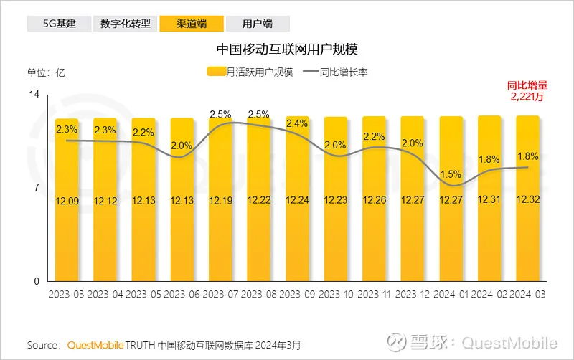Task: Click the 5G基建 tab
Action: [x=58, y=24]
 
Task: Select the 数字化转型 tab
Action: [x=125, y=24]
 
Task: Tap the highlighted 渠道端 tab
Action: [x=191, y=24]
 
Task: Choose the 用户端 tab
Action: [x=258, y=24]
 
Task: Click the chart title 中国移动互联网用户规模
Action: [x=287, y=49]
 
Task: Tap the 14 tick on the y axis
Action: [x=34, y=95]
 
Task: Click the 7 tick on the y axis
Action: [x=36, y=188]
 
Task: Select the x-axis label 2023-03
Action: [x=66, y=295]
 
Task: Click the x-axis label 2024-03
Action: [x=527, y=295]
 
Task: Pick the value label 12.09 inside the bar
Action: [x=66, y=200]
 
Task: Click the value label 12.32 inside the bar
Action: [x=527, y=200]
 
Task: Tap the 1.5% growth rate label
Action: [x=451, y=174]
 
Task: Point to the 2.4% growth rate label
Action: [x=296, y=123]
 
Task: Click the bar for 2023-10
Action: [x=335, y=215]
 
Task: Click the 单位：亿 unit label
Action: [x=47, y=72]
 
